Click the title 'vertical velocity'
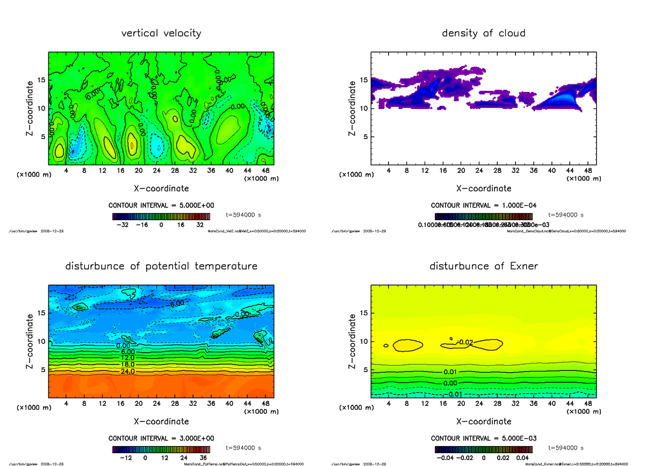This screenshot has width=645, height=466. (x=161, y=33)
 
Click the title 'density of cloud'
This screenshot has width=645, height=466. (x=483, y=33)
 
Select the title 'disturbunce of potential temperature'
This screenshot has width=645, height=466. (x=161, y=266)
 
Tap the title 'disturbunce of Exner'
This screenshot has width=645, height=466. (x=483, y=266)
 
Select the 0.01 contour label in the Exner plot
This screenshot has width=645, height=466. (x=451, y=372)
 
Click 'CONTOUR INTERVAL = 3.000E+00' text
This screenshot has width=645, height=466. (x=161, y=438)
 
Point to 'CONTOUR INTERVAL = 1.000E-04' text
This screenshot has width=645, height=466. (x=483, y=205)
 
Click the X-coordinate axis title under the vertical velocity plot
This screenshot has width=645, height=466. (x=161, y=188)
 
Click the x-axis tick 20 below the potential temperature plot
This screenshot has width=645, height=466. (x=138, y=404)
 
